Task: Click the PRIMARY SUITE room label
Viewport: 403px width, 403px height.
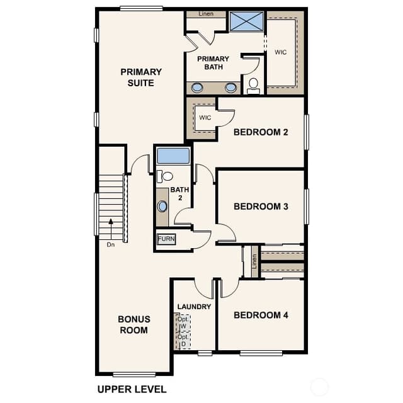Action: [141, 77]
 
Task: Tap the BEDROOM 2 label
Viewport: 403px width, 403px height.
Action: [261, 132]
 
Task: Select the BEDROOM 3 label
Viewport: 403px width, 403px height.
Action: [261, 207]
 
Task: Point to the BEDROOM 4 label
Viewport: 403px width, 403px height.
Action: [261, 315]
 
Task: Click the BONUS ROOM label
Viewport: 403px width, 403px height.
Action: [134, 325]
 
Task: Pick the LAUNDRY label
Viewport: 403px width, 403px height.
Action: [194, 307]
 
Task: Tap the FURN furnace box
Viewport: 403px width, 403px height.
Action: [166, 239]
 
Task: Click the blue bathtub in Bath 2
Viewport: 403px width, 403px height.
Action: [173, 156]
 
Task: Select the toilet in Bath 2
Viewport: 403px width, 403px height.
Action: [165, 176]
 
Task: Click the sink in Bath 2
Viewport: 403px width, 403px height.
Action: [162, 207]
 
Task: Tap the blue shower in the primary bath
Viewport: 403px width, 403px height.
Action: [246, 21]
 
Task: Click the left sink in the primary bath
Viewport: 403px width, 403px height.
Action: [197, 88]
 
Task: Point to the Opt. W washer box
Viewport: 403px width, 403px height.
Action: [183, 322]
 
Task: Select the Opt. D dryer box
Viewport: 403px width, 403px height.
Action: [183, 340]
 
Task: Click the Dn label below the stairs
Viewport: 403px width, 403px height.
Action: [111, 245]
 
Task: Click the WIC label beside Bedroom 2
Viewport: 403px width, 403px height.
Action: [205, 118]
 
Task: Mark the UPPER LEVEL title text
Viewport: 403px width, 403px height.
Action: [132, 389]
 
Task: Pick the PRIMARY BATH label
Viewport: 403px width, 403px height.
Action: [213, 63]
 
